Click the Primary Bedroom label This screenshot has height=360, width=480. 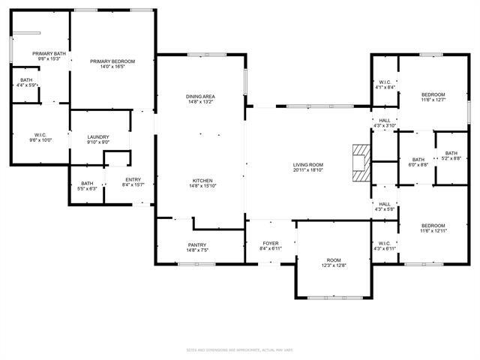[112, 61]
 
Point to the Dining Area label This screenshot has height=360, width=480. [201, 97]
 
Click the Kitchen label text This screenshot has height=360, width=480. [202, 181]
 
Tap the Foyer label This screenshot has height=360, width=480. [270, 244]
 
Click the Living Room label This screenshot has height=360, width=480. [307, 165]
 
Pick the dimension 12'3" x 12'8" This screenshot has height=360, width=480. [334, 265]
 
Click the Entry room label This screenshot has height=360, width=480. [133, 179]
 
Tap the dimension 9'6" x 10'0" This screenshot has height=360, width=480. [40, 140]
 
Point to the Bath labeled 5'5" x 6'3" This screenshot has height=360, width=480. [88, 184]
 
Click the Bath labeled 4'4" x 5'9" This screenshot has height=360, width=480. [27, 80]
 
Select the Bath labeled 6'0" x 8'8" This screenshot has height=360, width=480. [418, 159]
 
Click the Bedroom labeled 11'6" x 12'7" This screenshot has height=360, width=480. [433, 94]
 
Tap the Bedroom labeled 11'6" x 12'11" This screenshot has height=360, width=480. [433, 226]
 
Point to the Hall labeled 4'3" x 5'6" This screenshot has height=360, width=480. [384, 204]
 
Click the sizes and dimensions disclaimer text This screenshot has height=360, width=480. [240, 349]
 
